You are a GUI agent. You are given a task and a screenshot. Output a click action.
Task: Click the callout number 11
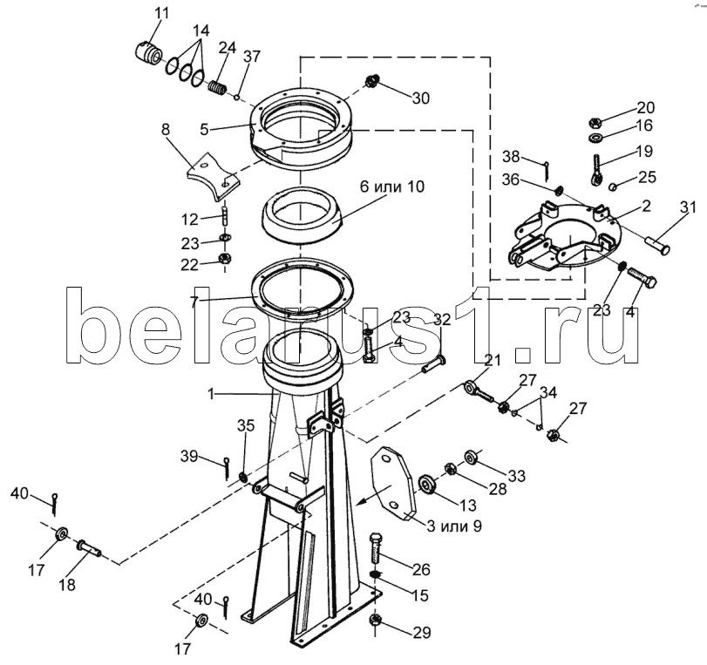163,12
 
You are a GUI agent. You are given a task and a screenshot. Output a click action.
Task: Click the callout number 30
420,98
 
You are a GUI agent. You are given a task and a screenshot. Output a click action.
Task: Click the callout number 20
644,108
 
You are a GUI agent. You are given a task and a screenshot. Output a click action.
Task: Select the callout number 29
421,634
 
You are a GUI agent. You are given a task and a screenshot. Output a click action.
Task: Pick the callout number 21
493,361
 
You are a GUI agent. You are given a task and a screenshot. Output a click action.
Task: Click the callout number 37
252,57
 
